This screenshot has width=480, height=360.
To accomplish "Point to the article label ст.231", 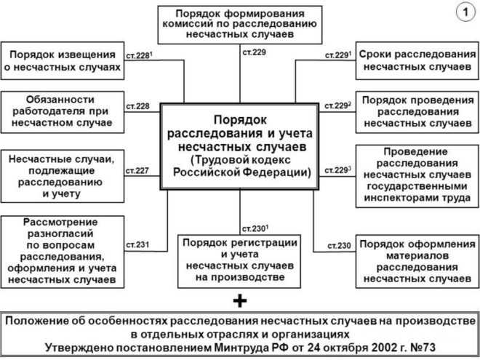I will point(137,244).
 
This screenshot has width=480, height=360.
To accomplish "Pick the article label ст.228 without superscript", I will point(137,106).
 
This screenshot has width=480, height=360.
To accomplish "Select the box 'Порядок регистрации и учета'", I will point(239,259).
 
